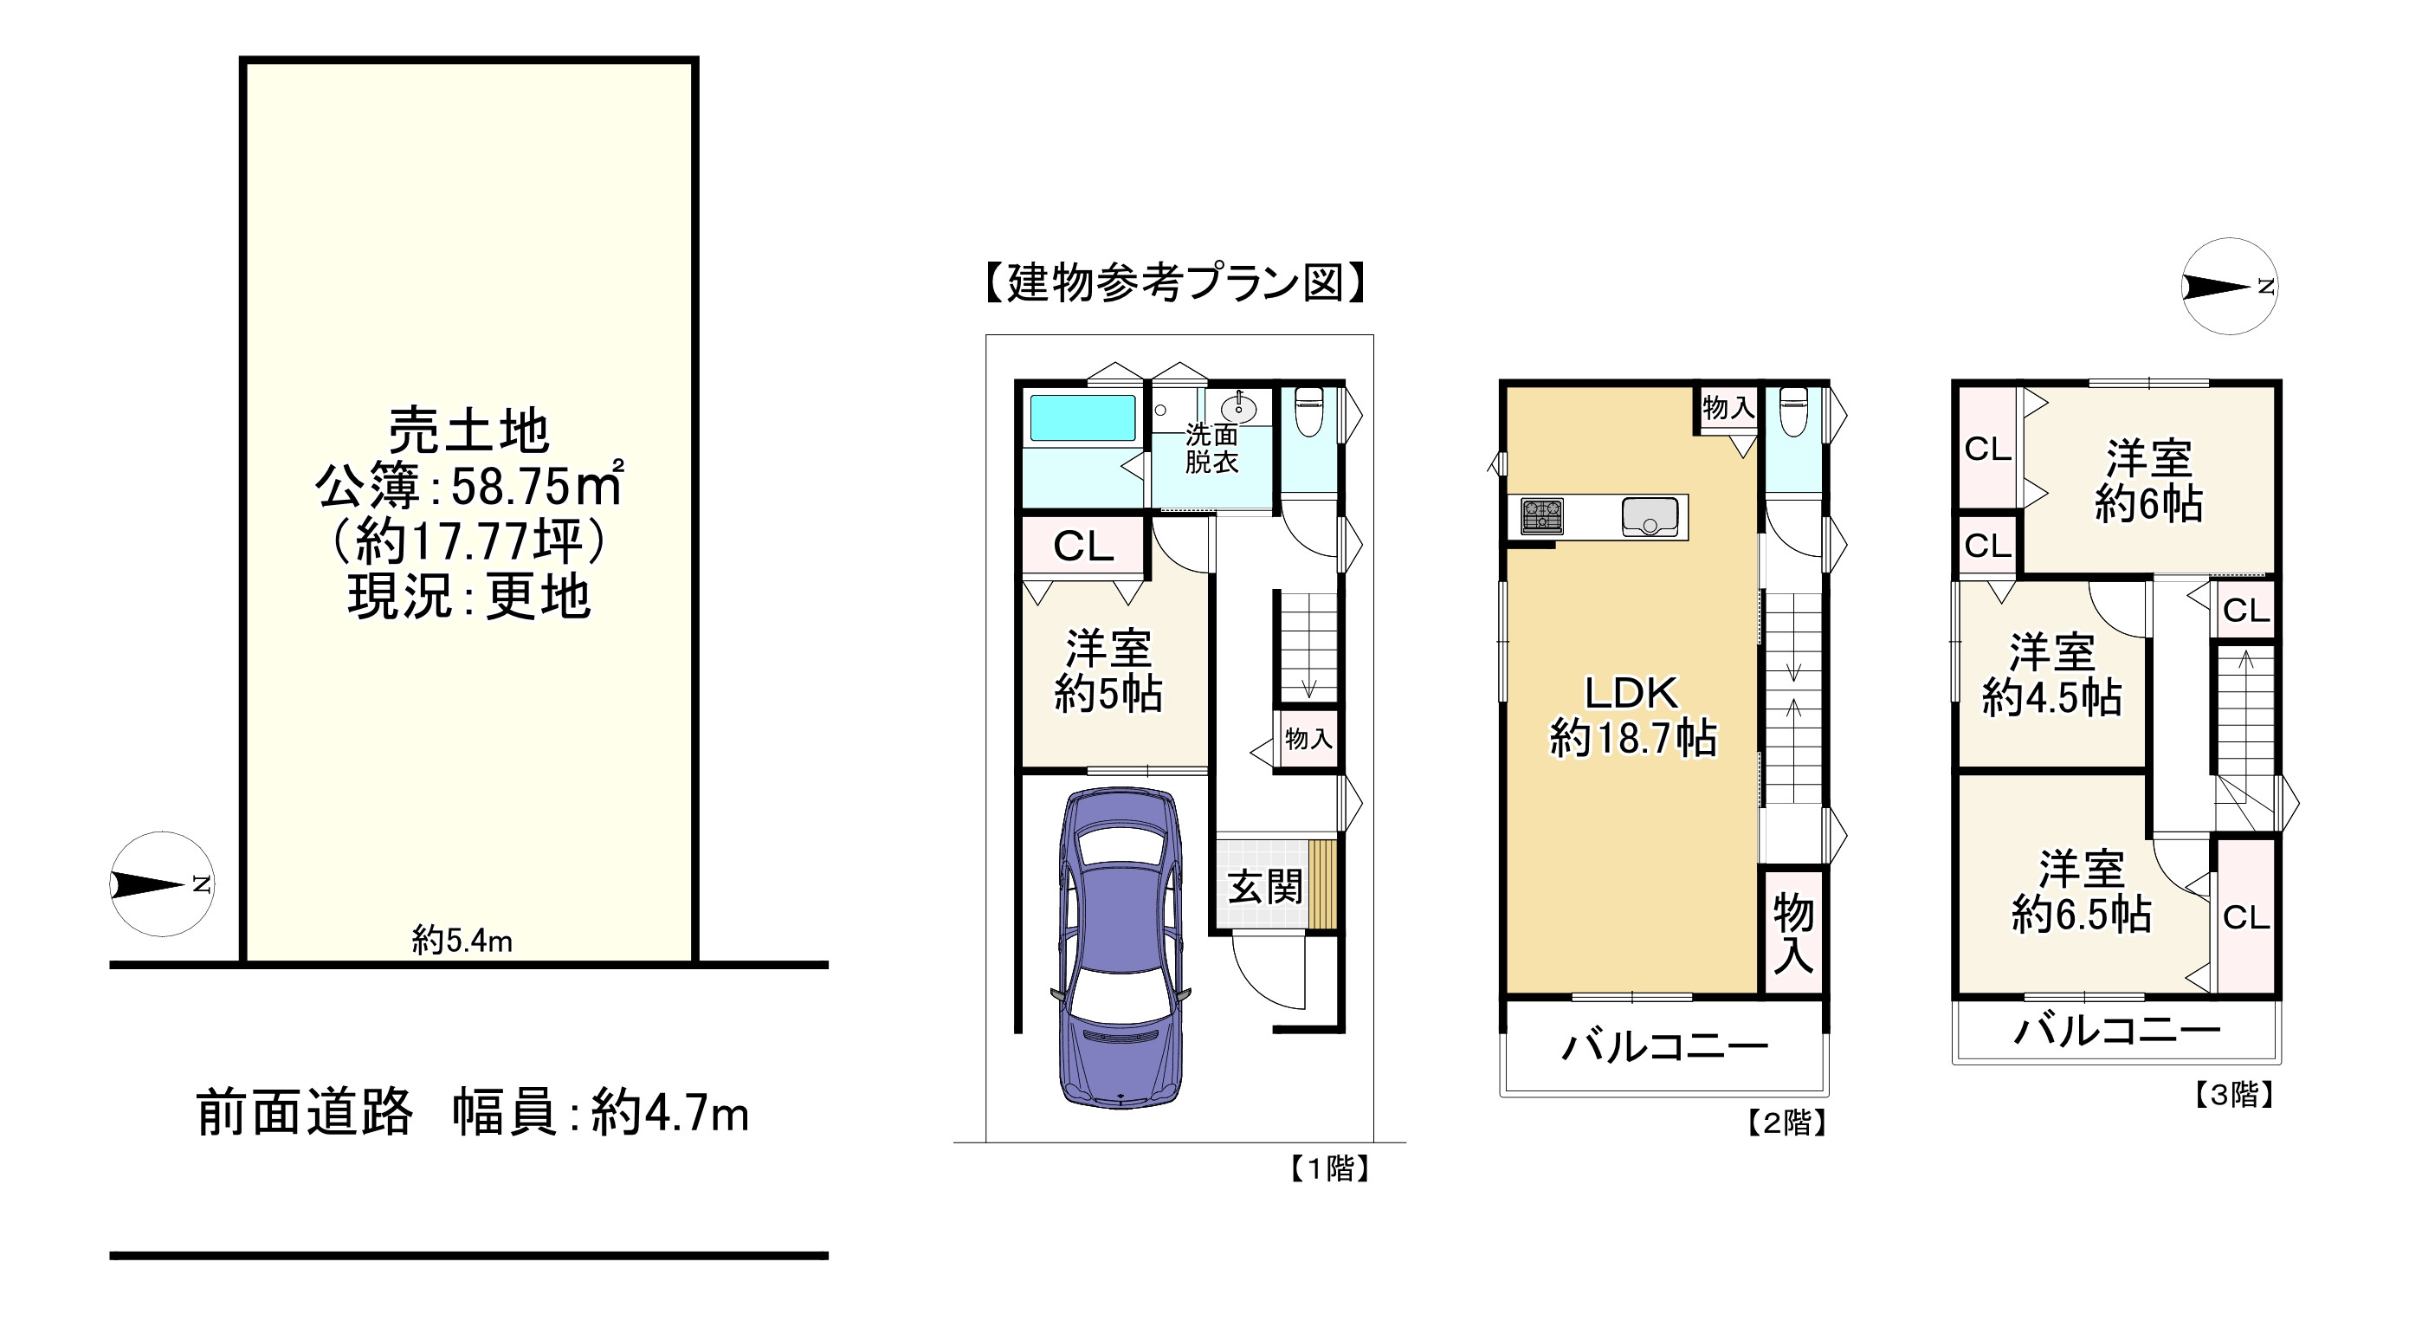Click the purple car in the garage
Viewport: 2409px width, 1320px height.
(1121, 948)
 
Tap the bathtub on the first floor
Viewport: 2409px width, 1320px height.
(1082, 418)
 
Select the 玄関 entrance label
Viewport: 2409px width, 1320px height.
(1265, 886)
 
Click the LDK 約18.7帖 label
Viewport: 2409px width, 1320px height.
(1633, 715)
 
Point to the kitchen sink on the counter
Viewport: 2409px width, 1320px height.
(1650, 516)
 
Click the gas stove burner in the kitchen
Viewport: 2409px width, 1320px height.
(1542, 516)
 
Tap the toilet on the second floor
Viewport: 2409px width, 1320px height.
(1792, 412)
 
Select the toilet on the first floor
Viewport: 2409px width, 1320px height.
(1308, 412)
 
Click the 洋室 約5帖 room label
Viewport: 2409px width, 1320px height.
(1108, 670)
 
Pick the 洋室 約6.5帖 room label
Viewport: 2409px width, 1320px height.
(2082, 891)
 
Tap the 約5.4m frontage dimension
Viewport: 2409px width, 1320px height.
(462, 940)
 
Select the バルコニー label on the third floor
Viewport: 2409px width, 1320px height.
(2117, 1031)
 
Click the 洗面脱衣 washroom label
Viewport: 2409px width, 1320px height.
(1212, 448)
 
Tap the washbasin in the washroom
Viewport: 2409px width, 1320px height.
(1238, 407)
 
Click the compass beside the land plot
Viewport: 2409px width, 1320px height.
(163, 884)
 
